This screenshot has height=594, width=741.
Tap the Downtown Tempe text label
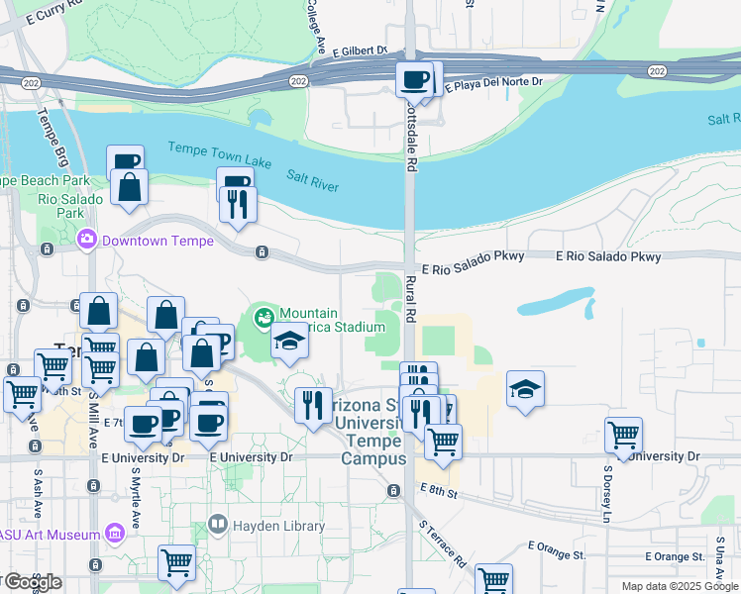click(150, 240)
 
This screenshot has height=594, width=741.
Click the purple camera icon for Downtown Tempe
click(87, 239)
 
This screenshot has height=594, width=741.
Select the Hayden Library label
click(278, 526)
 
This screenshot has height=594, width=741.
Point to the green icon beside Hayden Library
click(219, 526)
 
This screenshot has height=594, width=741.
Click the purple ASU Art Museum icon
click(115, 535)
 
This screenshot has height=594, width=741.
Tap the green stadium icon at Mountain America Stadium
click(264, 318)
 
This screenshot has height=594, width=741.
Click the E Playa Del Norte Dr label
click(494, 84)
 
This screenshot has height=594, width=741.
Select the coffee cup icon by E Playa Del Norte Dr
click(415, 79)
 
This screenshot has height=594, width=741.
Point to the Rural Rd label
click(410, 296)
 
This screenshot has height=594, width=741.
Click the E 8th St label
click(438, 490)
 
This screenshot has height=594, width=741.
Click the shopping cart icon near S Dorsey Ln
click(624, 435)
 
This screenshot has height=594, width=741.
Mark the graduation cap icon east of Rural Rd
click(525, 389)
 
